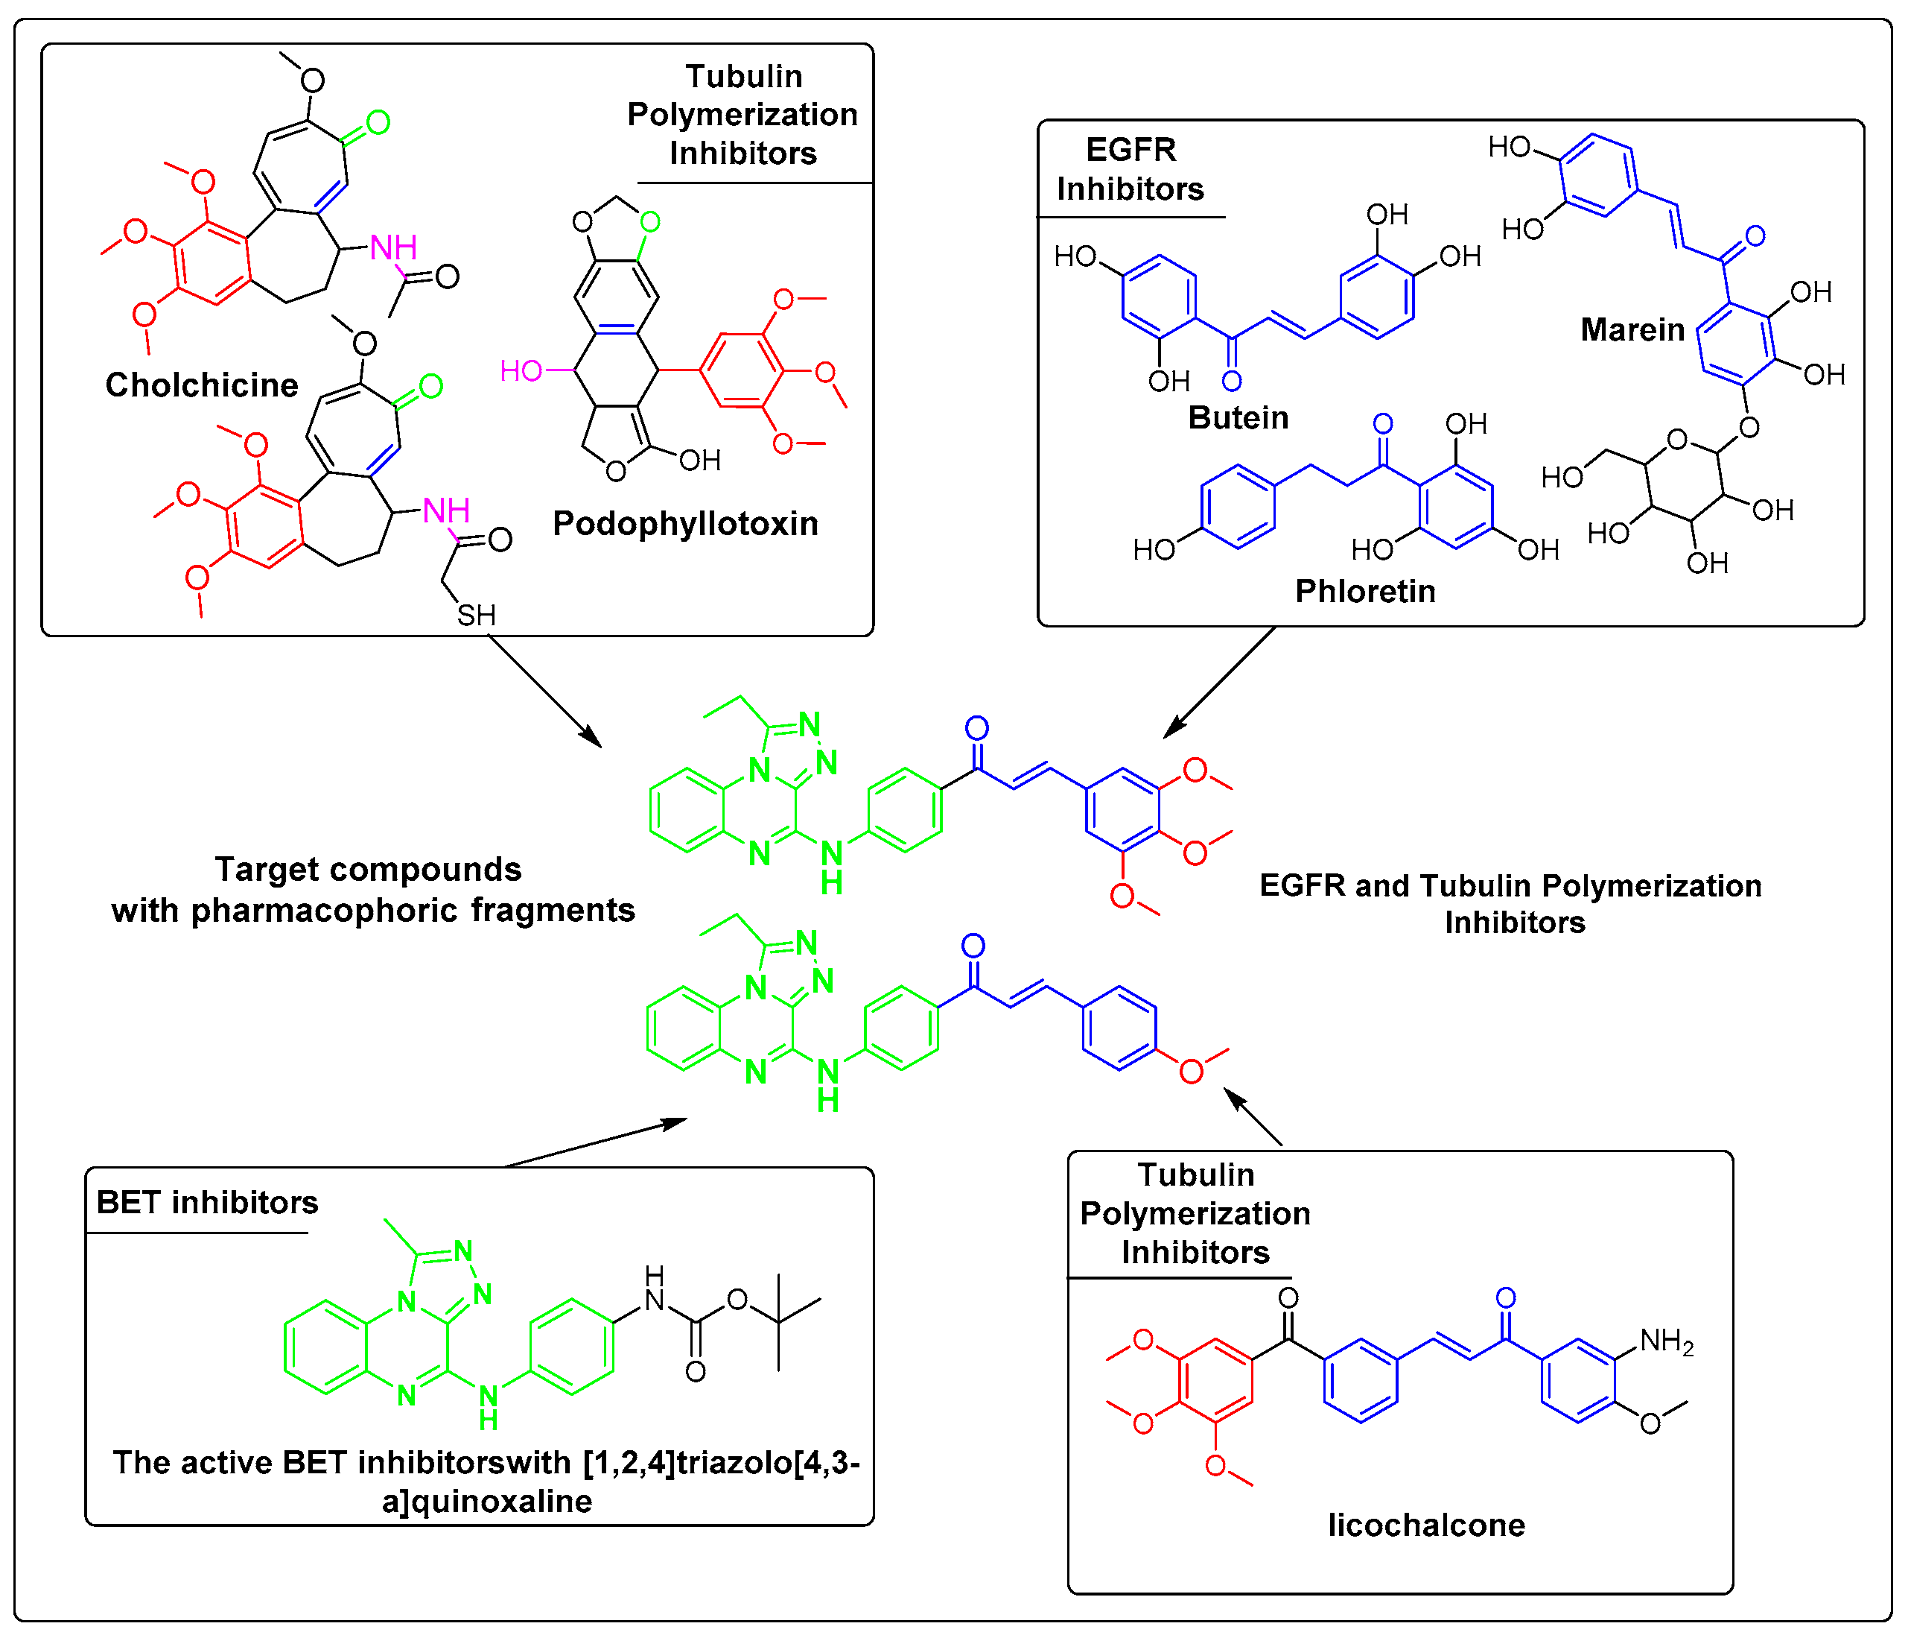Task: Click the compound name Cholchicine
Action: coord(202,385)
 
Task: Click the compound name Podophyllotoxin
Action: coord(685,523)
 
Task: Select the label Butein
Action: coord(1238,417)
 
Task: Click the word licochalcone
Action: coord(1425,1525)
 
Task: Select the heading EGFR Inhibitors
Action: coord(1130,168)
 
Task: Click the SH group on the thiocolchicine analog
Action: coord(476,615)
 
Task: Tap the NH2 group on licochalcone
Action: coord(1666,1341)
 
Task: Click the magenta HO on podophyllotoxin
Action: coord(521,370)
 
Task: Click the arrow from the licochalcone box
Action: coord(1253,1116)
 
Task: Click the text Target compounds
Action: coord(369,869)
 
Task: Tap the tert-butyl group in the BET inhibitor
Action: coord(779,1322)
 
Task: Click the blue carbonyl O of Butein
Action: coord(1232,381)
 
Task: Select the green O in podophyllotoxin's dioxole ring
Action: coord(650,221)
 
